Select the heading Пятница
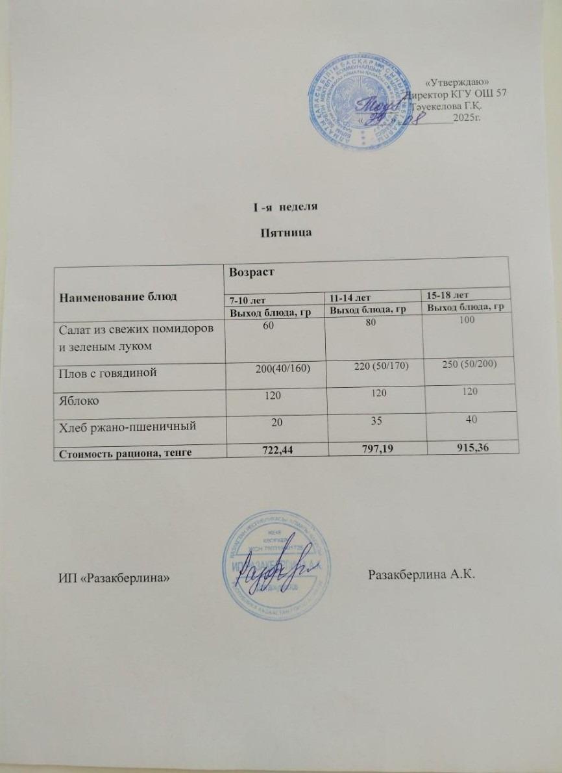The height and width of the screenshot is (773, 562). click(281, 233)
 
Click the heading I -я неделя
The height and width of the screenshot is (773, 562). click(282, 207)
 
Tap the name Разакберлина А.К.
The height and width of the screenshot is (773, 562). click(422, 574)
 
